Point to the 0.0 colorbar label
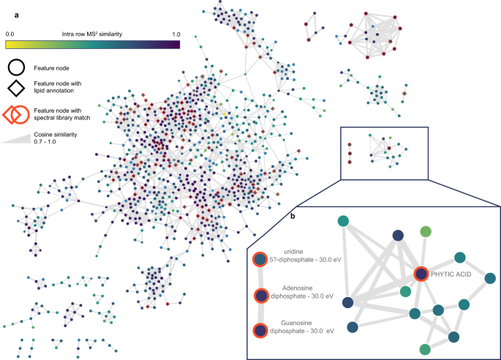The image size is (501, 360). pyautogui.click(x=11, y=34)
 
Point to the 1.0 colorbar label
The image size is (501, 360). pyautogui.click(x=176, y=34)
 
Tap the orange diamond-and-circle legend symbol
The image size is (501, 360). pyautogui.click(x=18, y=115)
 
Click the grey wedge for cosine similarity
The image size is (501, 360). pyautogui.click(x=19, y=139)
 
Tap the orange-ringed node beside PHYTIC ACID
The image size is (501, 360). pyautogui.click(x=421, y=274)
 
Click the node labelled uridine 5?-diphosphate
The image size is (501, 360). pyautogui.click(x=260, y=259)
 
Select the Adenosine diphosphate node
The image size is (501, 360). pyautogui.click(x=261, y=296)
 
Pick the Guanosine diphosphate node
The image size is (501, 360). pyautogui.click(x=260, y=330)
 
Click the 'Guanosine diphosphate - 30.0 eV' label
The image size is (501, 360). pyautogui.click(x=305, y=326)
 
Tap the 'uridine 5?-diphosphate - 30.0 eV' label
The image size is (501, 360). pyautogui.click(x=301, y=258)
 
